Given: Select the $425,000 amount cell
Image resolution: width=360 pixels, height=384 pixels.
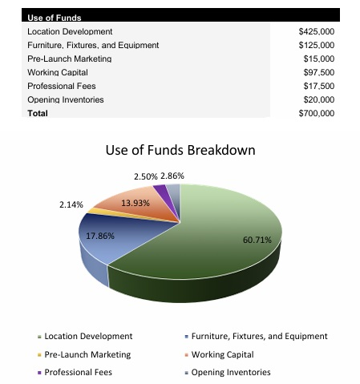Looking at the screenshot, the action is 316,31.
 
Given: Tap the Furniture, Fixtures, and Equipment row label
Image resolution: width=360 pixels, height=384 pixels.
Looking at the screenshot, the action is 93,45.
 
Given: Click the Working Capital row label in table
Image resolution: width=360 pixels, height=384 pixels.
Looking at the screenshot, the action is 58,72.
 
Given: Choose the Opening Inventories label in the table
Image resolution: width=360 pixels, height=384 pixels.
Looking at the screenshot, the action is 65,99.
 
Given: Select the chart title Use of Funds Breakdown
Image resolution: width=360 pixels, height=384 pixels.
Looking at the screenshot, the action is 180,151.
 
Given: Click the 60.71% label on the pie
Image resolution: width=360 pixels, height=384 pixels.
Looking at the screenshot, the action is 257,240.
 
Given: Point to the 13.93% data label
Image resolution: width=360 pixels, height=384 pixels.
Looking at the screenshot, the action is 136,203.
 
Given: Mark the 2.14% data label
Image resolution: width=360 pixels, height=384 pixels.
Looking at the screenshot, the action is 71,204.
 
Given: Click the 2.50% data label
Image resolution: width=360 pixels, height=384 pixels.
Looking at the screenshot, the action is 145,176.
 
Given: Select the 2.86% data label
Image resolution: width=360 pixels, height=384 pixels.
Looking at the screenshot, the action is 172,176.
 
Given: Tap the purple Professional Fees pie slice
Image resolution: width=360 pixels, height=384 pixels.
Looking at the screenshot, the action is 160,192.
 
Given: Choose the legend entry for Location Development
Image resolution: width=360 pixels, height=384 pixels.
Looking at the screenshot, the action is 87,336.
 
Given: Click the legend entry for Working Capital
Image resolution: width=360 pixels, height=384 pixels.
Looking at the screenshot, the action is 221,354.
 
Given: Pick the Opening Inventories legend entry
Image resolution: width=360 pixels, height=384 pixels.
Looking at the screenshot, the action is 229,372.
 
